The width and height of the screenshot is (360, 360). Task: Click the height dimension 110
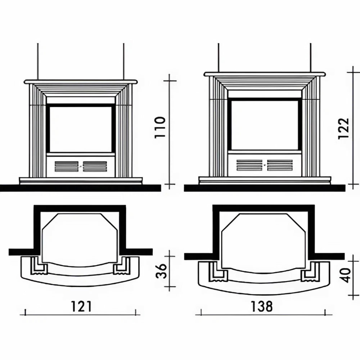coord(160,127)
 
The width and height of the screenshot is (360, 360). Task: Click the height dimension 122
coord(344,129)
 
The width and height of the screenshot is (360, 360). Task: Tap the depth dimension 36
coord(161,271)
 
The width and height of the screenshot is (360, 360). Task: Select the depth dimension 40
coord(346,275)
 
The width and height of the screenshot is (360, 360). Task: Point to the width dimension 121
coord(81,306)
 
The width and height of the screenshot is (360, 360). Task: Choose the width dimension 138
coord(262,306)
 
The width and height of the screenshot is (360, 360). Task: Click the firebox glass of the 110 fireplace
coord(81,129)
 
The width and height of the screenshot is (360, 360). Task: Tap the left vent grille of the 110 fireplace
coord(67,166)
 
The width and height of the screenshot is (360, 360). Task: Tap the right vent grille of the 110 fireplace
coord(95,166)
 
